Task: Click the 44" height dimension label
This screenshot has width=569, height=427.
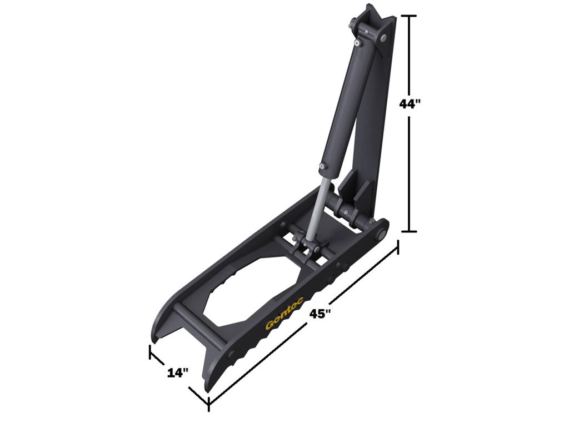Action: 411,104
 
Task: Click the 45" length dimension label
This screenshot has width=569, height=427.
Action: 321,314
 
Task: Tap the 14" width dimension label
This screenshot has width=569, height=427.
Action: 178,373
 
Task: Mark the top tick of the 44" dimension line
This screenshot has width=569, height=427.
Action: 410,17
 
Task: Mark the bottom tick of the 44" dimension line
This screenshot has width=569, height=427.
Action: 410,231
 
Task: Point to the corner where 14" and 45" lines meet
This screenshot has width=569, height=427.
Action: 208,401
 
